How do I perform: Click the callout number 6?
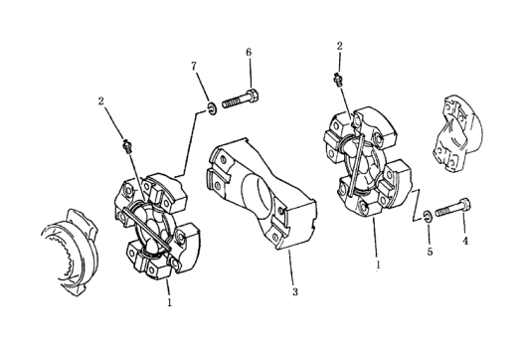(249, 53)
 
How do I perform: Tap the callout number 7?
(194, 67)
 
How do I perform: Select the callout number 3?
(294, 291)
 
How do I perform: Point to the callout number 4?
(465, 241)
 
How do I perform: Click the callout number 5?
(430, 252)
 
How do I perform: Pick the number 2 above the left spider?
(101, 100)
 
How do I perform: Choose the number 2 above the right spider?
(339, 46)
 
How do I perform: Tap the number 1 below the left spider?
(169, 302)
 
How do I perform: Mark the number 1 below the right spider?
(378, 265)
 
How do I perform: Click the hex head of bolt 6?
(254, 96)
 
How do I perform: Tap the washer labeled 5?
(428, 216)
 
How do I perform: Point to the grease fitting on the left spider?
(127, 145)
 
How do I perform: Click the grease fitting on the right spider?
(338, 81)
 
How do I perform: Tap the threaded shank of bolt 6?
(235, 100)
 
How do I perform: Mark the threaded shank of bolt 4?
(446, 210)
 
